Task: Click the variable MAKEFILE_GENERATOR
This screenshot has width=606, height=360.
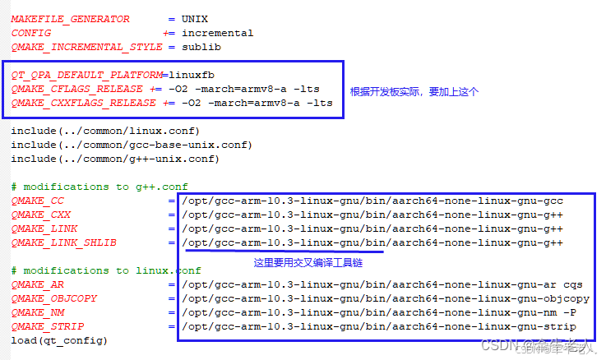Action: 70,19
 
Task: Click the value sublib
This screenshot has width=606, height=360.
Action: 201,47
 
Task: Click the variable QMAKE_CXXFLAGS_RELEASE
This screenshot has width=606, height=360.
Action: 83,103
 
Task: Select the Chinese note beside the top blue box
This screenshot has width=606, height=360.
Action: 414,91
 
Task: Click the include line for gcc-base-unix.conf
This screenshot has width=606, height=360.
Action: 132,145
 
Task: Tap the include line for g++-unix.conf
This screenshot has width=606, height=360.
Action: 115,159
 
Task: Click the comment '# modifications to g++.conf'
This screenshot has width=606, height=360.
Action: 99,187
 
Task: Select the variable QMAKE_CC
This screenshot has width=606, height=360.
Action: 37,201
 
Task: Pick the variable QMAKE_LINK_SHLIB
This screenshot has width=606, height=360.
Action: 63,242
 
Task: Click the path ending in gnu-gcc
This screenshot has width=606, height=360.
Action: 372,201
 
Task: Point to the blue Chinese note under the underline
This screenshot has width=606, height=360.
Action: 308,263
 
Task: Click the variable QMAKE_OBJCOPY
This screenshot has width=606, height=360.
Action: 53,298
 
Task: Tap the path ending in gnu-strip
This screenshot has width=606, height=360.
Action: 379,326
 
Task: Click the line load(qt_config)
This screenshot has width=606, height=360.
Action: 59,340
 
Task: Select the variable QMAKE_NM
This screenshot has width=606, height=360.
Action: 37,312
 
